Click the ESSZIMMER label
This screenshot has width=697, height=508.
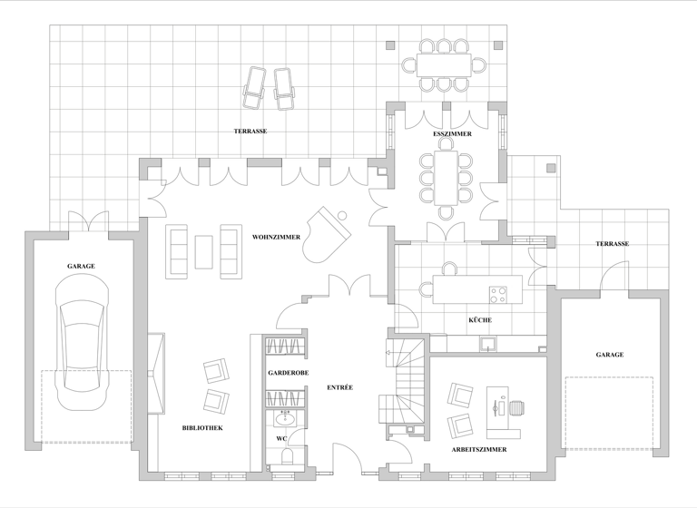pyautogui.click(x=452, y=133)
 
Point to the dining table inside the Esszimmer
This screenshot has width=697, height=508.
pyautogui.click(x=446, y=176)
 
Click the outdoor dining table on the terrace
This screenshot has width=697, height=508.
pyautogui.click(x=445, y=64)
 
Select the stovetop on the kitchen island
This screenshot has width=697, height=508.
pyautogui.click(x=498, y=294)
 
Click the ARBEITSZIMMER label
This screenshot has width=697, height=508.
pyautogui.click(x=478, y=449)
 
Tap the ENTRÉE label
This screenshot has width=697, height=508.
pyautogui.click(x=339, y=388)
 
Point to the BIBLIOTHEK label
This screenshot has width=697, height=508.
pyautogui.click(x=202, y=427)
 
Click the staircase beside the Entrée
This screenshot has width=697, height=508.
pyautogui.click(x=405, y=382)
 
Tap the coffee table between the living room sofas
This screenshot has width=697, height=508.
pyautogui.click(x=203, y=250)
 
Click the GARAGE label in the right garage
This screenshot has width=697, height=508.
pyautogui.click(x=609, y=355)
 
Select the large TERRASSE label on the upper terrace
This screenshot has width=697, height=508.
pyautogui.click(x=250, y=132)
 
